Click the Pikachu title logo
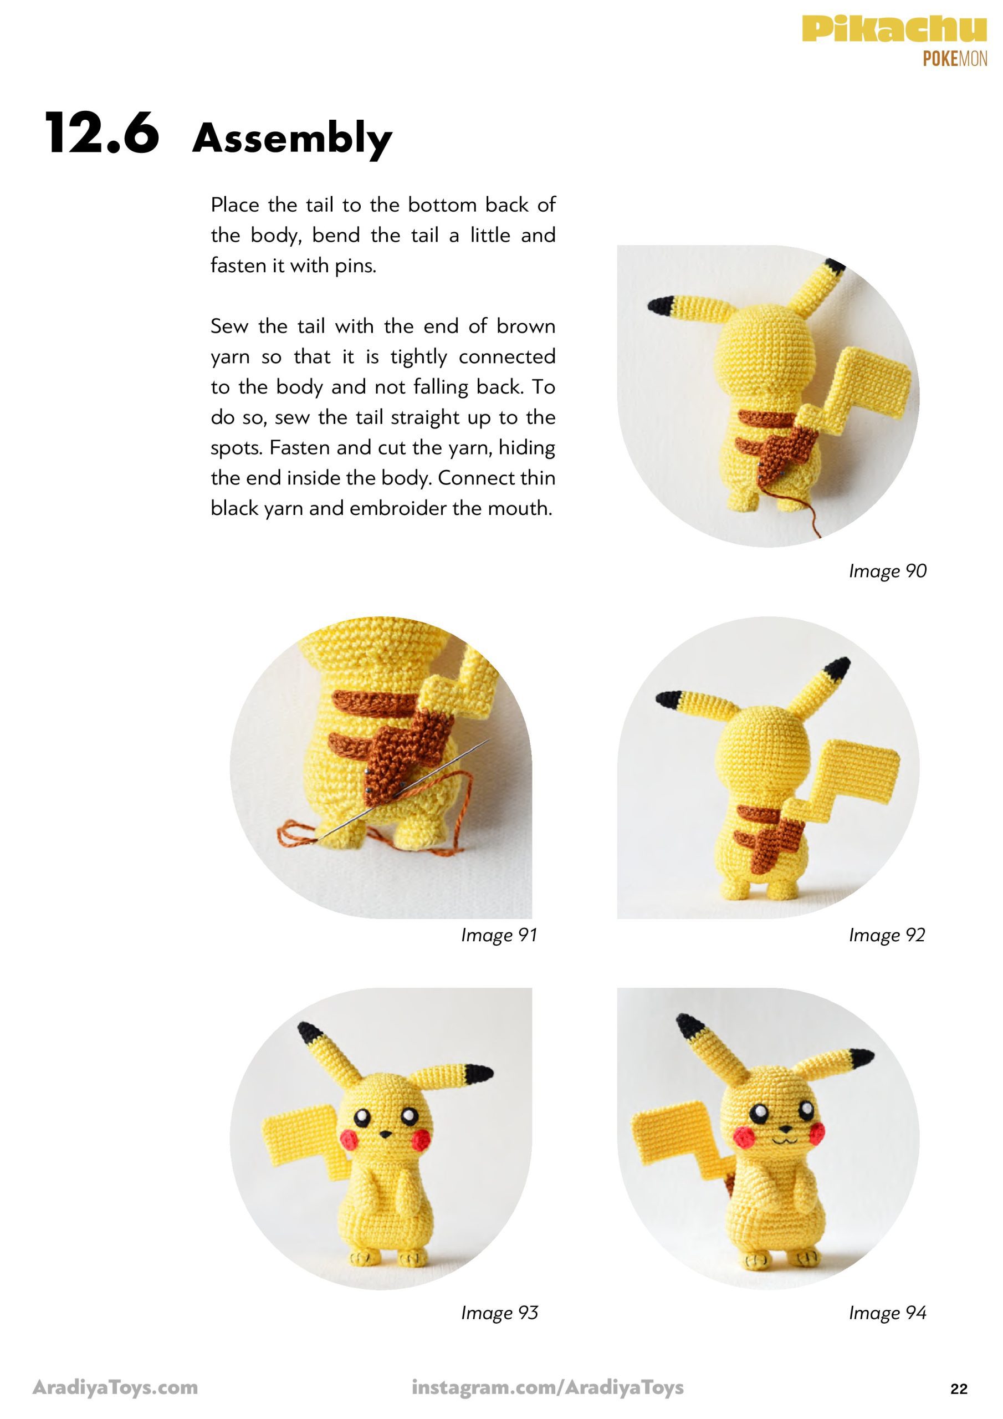[894, 29]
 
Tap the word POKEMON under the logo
[955, 59]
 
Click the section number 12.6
[102, 133]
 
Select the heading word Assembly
[292, 139]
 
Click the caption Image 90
[887, 571]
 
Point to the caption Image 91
[499, 935]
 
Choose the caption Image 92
[887, 935]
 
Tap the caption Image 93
[499, 1313]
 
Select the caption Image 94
[887, 1313]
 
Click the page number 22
[959, 1389]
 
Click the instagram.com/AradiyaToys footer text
[547, 1388]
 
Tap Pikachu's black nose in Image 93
[385, 1134]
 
